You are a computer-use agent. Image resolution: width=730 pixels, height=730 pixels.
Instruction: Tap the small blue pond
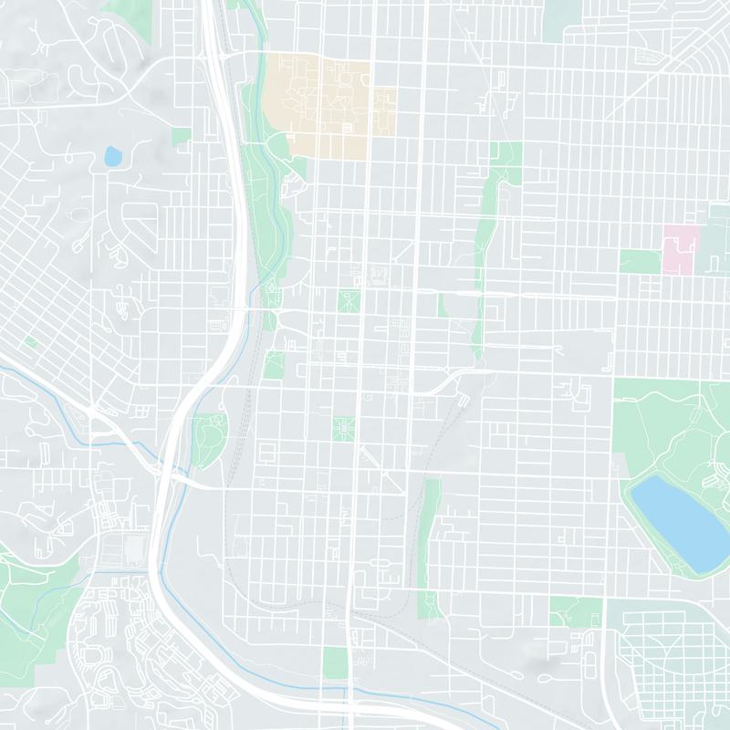(112, 156)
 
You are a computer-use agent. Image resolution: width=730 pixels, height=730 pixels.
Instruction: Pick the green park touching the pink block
(640, 261)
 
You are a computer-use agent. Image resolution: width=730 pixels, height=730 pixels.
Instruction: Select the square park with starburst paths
(344, 427)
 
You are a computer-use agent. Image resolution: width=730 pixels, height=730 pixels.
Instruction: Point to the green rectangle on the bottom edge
(336, 662)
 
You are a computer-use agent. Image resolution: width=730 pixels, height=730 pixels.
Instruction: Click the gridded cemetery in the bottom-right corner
(671, 666)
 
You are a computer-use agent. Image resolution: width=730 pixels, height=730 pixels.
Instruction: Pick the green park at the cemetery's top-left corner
(575, 611)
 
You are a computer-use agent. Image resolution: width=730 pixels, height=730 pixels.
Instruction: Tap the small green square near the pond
(181, 136)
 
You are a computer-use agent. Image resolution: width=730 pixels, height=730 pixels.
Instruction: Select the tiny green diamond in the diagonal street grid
(30, 341)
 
